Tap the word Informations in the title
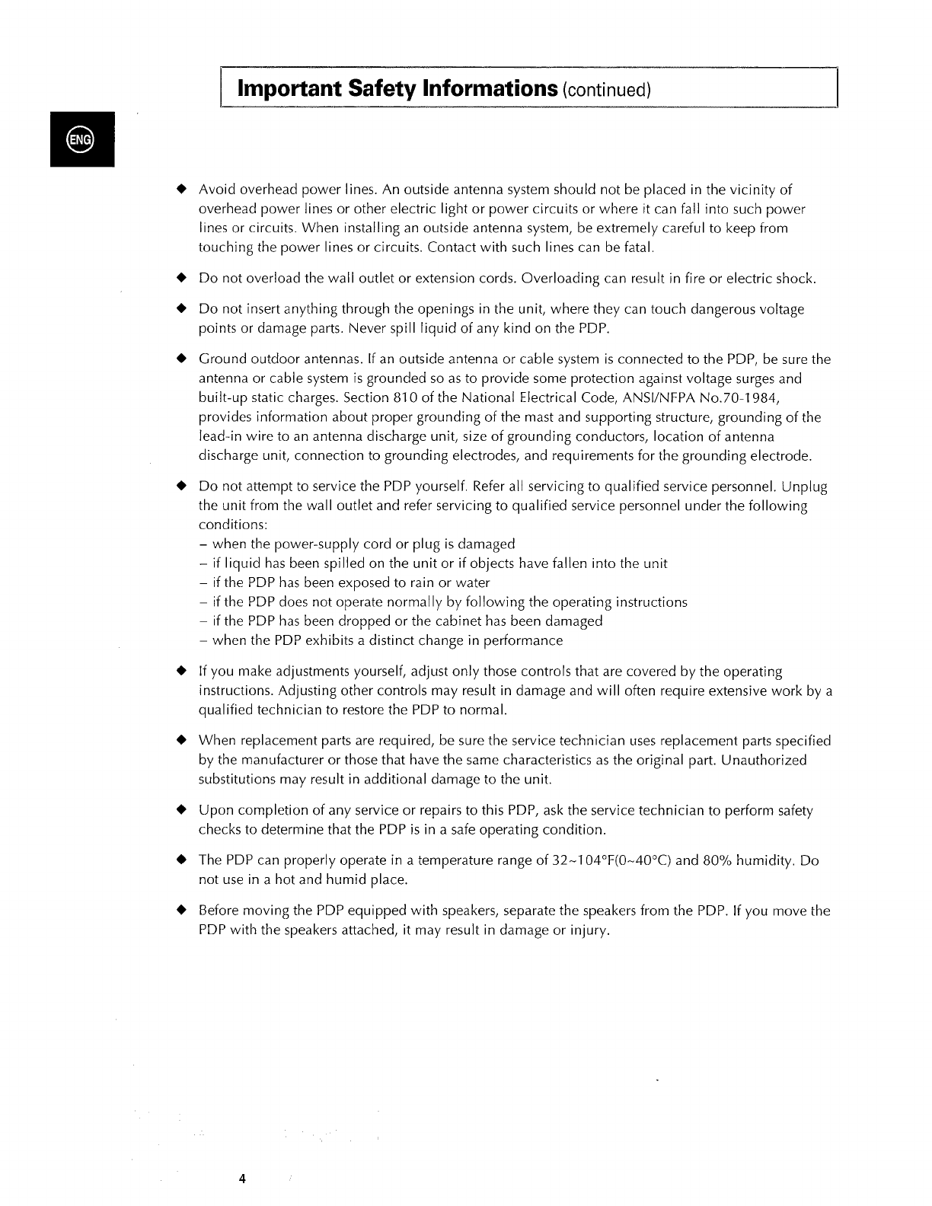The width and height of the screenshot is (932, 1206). pyautogui.click(x=488, y=88)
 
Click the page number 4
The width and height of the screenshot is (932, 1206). pyautogui.click(x=242, y=1179)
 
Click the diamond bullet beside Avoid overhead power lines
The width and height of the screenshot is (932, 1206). pyautogui.click(x=181, y=189)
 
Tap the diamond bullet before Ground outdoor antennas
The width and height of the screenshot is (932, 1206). pyautogui.click(x=181, y=359)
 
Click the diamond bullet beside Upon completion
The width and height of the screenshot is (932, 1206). pyautogui.click(x=181, y=810)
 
